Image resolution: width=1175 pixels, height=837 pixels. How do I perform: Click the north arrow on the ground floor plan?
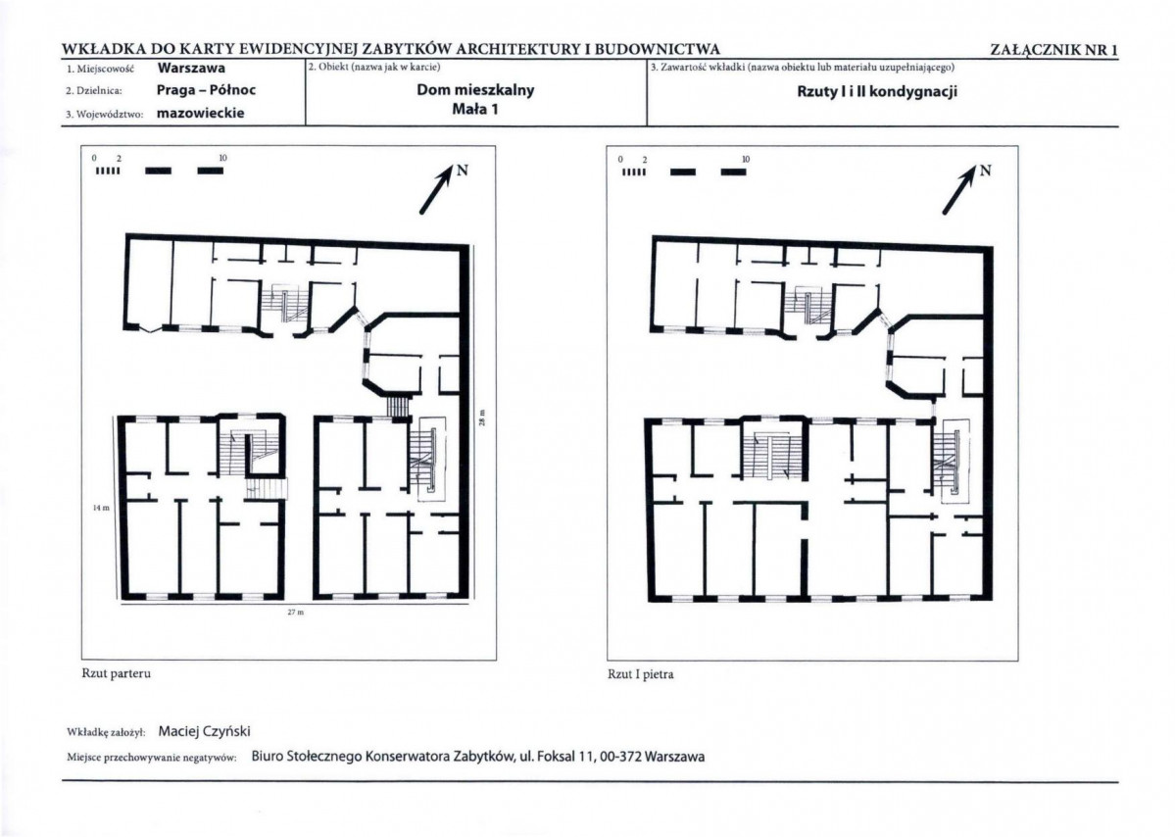(438, 189)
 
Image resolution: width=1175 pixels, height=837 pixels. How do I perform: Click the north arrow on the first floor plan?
(960, 189)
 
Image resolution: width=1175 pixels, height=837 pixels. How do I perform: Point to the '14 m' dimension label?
(101, 508)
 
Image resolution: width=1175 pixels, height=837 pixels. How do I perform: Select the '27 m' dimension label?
(296, 613)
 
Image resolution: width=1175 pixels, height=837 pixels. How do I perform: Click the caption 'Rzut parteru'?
(117, 673)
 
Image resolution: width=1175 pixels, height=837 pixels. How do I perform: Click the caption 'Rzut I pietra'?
(641, 674)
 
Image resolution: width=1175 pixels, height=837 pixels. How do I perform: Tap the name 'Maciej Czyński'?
(205, 731)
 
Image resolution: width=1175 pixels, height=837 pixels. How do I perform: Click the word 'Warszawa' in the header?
(191, 69)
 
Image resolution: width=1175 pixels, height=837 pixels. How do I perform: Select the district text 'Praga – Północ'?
(206, 90)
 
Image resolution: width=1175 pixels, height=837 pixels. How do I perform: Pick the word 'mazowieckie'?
(201, 114)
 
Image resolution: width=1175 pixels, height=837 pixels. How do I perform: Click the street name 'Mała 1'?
(475, 109)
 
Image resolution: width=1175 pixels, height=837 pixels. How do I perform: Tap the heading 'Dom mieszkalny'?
(476, 90)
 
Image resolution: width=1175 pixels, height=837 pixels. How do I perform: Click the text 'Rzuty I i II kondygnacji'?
(877, 92)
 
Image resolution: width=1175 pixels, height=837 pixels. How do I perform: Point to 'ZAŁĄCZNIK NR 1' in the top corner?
(1054, 50)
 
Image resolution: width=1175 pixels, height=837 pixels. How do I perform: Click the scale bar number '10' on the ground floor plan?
(222, 158)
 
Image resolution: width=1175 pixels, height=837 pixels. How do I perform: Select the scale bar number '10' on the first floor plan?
(746, 160)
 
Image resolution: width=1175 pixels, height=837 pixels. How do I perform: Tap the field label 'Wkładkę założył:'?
(106, 732)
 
